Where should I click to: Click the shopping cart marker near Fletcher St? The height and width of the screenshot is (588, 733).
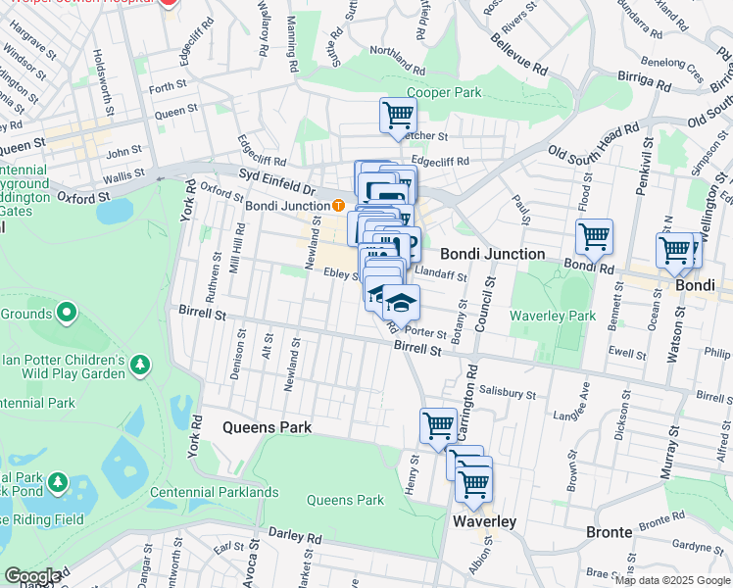click(x=398, y=115)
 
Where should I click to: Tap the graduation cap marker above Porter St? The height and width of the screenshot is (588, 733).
click(x=400, y=301)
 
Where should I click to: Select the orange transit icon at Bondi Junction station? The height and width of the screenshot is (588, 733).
click(x=337, y=206)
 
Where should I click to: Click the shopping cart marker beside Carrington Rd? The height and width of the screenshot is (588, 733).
click(x=437, y=425)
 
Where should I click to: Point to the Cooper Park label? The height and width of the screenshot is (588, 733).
click(x=445, y=92)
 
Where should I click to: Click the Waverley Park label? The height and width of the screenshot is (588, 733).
click(x=553, y=316)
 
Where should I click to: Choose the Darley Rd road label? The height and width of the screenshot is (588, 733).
click(x=295, y=537)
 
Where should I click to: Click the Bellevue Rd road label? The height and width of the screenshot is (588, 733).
click(x=518, y=57)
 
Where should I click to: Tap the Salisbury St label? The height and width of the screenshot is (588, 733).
click(x=503, y=390)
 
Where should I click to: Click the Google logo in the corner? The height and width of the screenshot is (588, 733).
click(x=32, y=576)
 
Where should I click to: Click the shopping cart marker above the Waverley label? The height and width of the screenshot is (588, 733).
click(x=473, y=482)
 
